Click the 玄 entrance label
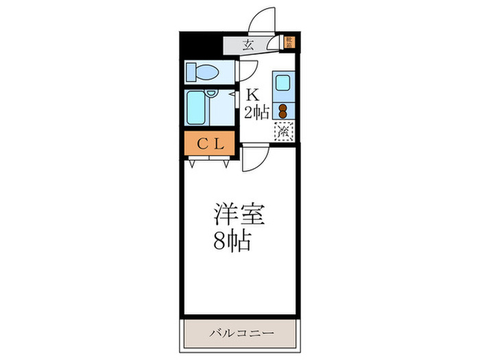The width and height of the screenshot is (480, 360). pos(248,45)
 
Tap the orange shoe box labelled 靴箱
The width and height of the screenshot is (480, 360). pos(290,43)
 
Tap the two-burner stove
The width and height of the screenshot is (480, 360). pos(283,110)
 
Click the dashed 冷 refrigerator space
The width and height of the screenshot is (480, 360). pos(283,131)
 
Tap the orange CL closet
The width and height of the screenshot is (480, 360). pos(208,144)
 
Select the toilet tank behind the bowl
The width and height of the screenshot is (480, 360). pos(191,71)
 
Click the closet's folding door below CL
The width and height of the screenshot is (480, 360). pos(208,163)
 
